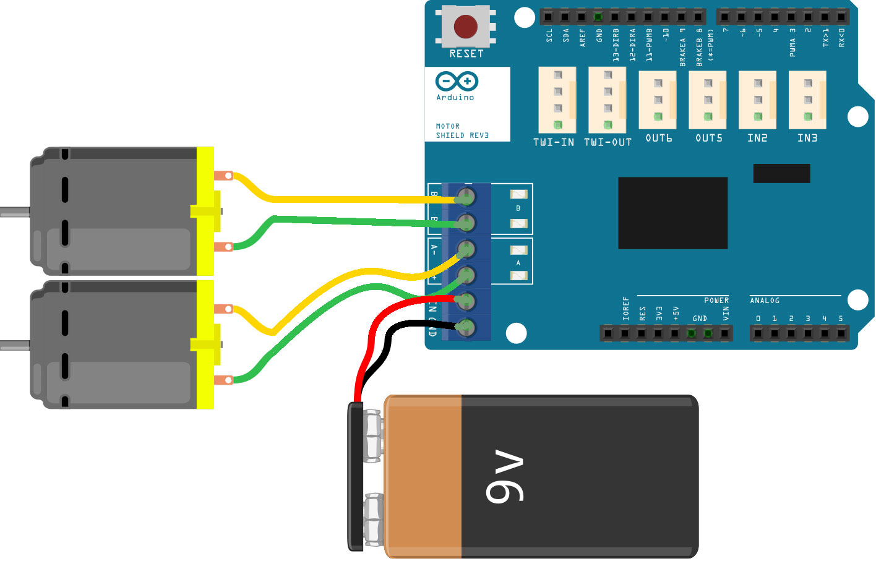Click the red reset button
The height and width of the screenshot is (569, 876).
[x=465, y=27]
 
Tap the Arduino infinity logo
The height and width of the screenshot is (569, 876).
[x=457, y=81]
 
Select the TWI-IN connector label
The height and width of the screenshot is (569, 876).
[x=554, y=142]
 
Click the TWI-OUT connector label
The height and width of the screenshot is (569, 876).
[x=608, y=142]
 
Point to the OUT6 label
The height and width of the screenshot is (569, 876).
[x=658, y=138]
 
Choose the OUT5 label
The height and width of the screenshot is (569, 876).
[x=708, y=138]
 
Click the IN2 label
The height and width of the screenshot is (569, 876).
[x=757, y=138]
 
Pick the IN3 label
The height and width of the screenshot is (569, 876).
[x=807, y=138]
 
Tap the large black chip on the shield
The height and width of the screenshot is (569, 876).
[x=672, y=213]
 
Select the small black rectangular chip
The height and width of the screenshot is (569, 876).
[x=781, y=173]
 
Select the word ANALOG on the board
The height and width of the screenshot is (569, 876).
[x=765, y=301]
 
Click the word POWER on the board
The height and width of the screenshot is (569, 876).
[x=716, y=301]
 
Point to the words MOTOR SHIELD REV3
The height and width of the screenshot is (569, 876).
[x=462, y=130]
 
